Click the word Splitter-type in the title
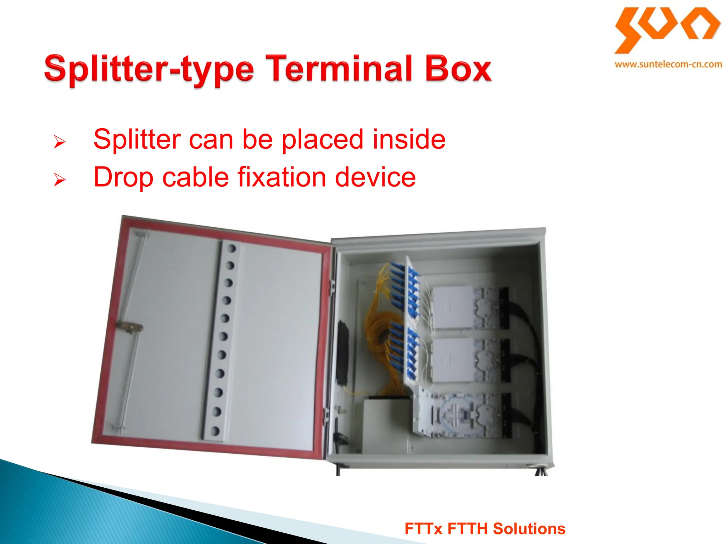(149, 69)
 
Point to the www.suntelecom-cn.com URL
(668, 64)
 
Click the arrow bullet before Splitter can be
(60, 142)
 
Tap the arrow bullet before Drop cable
(60, 180)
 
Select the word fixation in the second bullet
(282, 177)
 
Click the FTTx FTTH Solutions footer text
(485, 529)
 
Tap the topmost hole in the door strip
(231, 248)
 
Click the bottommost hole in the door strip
(215, 431)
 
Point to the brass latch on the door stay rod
(130, 327)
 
